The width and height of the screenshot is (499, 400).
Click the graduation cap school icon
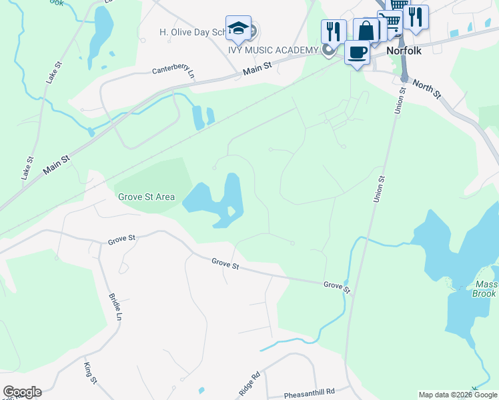pyautogui.click(x=238, y=28)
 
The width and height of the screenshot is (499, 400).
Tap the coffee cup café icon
pyautogui.click(x=357, y=52)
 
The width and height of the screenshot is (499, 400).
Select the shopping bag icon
pyautogui.click(x=366, y=30)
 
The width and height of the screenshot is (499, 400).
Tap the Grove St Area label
pyautogui.click(x=146, y=197)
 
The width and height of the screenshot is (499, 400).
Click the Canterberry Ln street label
pyautogui.click(x=172, y=70)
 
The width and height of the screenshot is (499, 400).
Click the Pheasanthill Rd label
pyautogui.click(x=308, y=394)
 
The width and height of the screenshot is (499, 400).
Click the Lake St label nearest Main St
pyautogui.click(x=27, y=169)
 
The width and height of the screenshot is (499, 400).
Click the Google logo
pyautogui.click(x=22, y=392)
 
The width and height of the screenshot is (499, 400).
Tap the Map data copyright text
pyautogui.click(x=457, y=395)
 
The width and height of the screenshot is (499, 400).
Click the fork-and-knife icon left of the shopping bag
pyautogui.click(x=332, y=31)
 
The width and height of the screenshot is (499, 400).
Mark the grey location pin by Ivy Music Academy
pyautogui.click(x=328, y=50)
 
